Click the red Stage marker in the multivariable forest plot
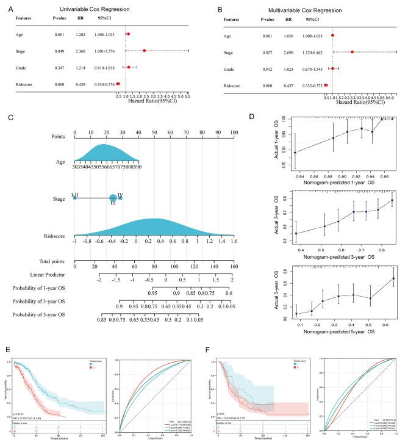click(x=352, y=52)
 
